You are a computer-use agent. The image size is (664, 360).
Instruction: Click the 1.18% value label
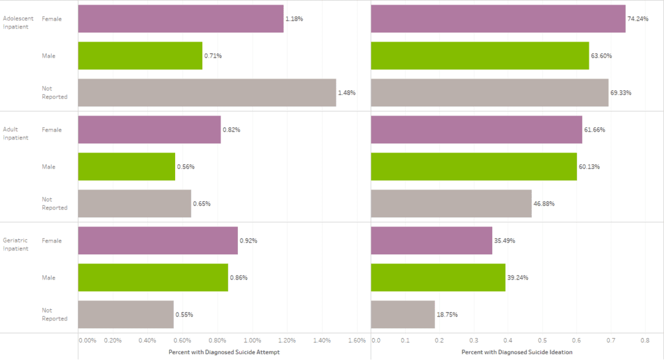[x=294, y=19]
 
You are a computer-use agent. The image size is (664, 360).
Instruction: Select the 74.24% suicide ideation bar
[x=498, y=19]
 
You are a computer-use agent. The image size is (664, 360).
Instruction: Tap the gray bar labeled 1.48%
[x=207, y=93]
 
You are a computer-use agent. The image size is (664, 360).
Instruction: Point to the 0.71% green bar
[x=140, y=56]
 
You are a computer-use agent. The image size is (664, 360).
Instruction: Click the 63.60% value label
[x=601, y=56]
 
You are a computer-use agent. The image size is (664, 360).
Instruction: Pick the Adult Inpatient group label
[x=16, y=134]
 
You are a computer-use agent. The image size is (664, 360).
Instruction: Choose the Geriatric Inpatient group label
[x=16, y=245]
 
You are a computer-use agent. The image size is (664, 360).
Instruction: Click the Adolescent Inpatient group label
[x=18, y=23]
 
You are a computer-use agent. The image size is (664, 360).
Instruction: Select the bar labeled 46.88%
[x=451, y=204]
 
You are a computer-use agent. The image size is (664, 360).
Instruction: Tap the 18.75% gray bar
[x=403, y=315]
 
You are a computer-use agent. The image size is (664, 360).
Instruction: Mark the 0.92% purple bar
[x=158, y=241]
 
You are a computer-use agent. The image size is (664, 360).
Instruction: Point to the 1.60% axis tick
[x=357, y=340]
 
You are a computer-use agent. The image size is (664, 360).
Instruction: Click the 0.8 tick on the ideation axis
[x=645, y=340]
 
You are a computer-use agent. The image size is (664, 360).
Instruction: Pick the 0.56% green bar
[x=126, y=167]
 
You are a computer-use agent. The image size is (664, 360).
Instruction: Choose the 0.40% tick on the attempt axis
[x=147, y=340]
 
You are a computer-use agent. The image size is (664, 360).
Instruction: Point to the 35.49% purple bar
[x=431, y=241]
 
